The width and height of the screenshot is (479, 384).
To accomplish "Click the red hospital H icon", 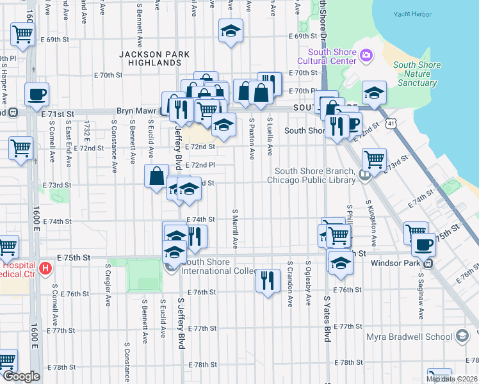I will pos(45,267).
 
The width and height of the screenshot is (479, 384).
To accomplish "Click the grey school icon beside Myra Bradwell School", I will pos(462,337).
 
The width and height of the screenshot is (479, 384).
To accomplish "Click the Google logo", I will pos(20,376).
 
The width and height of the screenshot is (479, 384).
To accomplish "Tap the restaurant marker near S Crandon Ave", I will pos(267,280).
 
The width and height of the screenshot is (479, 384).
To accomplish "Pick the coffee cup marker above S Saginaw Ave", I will pos(422,244).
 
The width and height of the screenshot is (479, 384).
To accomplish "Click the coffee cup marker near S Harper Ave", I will pos(37,95).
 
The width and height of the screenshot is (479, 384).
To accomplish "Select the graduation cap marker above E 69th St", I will pos(231,30).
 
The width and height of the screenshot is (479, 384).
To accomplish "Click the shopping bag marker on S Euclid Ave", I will pos(156,175).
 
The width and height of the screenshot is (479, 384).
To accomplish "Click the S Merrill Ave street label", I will pos(235,228).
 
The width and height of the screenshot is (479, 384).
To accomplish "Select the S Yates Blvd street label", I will pos(327,318).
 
